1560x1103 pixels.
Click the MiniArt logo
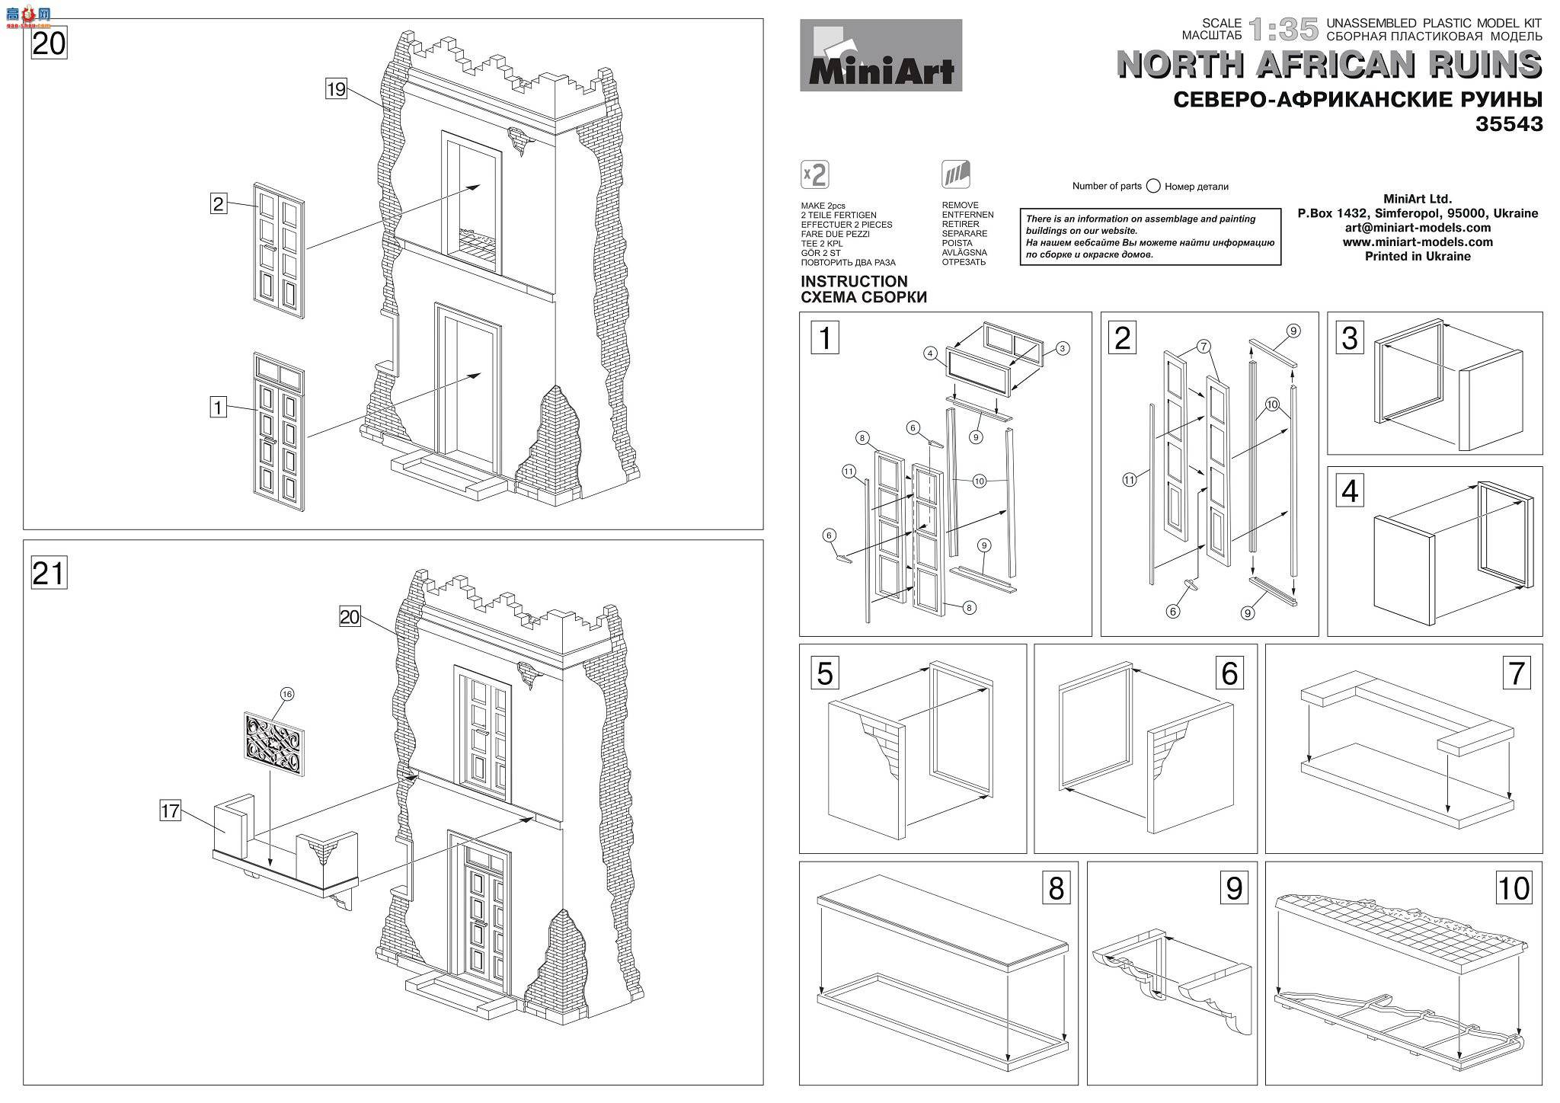pyautogui.click(x=881, y=56)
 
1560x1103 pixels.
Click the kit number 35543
pyautogui.click(x=1508, y=124)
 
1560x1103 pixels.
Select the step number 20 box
pyautogui.click(x=49, y=43)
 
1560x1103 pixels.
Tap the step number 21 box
pyautogui.click(x=48, y=573)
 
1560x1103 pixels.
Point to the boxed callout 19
pyautogui.click(x=336, y=89)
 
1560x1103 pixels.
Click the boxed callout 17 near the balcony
pyautogui.click(x=170, y=811)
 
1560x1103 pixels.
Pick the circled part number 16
pyautogui.click(x=287, y=694)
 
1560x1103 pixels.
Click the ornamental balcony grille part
pyautogui.click(x=274, y=743)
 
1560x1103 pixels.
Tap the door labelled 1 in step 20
pyautogui.click(x=279, y=430)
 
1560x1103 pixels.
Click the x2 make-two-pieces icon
pyautogui.click(x=815, y=174)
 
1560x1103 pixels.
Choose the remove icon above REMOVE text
pyautogui.click(x=956, y=174)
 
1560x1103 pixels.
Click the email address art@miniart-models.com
pyautogui.click(x=1418, y=228)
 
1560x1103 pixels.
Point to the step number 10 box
pyautogui.click(x=1513, y=888)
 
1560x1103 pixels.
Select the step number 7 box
pyautogui.click(x=1516, y=673)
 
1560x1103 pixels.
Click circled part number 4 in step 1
pyautogui.click(x=931, y=353)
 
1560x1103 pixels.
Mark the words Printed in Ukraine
pyautogui.click(x=1418, y=257)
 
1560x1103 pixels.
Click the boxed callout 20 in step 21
pyautogui.click(x=350, y=617)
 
